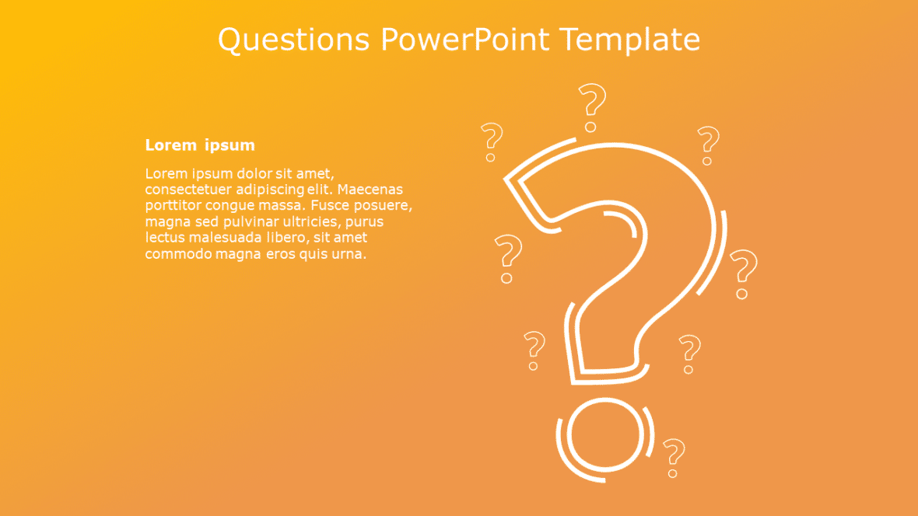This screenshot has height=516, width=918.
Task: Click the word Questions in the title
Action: (x=294, y=40)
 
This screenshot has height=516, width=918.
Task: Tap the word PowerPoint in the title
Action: (x=465, y=39)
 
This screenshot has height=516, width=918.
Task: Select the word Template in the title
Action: (x=629, y=40)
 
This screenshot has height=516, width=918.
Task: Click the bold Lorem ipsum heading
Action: (x=200, y=145)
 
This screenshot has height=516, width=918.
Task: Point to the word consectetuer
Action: (x=188, y=190)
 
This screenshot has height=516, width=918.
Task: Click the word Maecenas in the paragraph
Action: (x=370, y=190)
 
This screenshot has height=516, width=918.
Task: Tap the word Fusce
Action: (x=328, y=205)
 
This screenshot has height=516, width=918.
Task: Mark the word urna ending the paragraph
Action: (x=349, y=254)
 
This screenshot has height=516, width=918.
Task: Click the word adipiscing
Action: (x=270, y=190)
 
